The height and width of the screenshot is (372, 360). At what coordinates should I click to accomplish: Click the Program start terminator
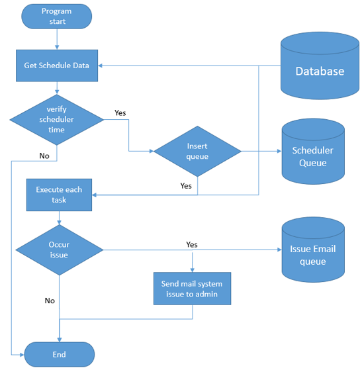pyautogui.click(x=57, y=17)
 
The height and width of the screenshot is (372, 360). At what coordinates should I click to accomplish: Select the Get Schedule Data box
pyautogui.click(x=57, y=66)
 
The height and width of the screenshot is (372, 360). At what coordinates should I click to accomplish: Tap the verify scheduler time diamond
pyautogui.click(x=57, y=120)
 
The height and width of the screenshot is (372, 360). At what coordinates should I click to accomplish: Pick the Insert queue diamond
pyautogui.click(x=197, y=152)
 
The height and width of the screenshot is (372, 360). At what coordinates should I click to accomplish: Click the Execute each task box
pyautogui.click(x=59, y=195)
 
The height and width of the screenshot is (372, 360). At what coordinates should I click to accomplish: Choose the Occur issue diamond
pyautogui.click(x=60, y=250)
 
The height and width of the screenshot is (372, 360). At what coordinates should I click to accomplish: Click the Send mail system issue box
pyautogui.click(x=192, y=289)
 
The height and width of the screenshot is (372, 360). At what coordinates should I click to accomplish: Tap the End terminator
pyautogui.click(x=60, y=355)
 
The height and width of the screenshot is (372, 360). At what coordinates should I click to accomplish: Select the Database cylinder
pyautogui.click(x=320, y=66)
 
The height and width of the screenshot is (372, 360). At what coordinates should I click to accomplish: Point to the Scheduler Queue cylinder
pyautogui.click(x=313, y=152)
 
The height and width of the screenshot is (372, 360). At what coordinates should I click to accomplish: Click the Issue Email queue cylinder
pyautogui.click(x=313, y=250)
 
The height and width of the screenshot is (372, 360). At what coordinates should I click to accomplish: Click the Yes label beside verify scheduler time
pyautogui.click(x=120, y=113)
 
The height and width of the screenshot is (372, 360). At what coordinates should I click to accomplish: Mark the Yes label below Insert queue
pyautogui.click(x=186, y=186)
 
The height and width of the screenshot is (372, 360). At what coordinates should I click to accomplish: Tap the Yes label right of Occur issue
pyautogui.click(x=192, y=245)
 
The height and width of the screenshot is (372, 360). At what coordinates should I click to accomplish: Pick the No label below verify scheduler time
pyautogui.click(x=44, y=156)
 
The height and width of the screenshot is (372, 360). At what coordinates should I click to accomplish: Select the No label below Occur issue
pyautogui.click(x=50, y=301)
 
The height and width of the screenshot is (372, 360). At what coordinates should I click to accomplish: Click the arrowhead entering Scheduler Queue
pyautogui.click(x=279, y=151)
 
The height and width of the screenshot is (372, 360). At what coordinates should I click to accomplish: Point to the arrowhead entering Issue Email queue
pyautogui.click(x=279, y=250)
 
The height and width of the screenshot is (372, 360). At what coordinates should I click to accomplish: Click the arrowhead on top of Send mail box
pyautogui.click(x=193, y=270)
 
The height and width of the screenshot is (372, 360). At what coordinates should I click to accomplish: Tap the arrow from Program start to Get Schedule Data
pyautogui.click(x=57, y=39)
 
